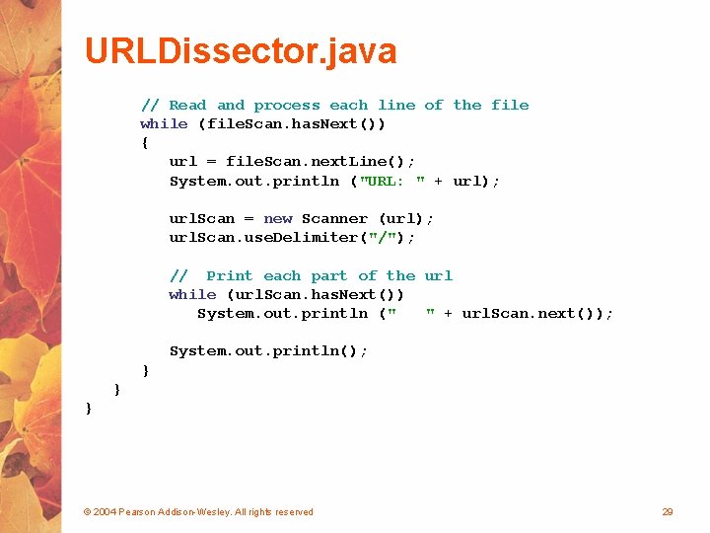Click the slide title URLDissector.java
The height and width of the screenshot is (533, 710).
coord(241,50)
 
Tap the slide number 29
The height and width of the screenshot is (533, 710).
coord(668,511)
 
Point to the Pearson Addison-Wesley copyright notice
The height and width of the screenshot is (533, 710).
coord(198,511)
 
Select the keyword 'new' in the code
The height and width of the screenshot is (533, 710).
coord(278,218)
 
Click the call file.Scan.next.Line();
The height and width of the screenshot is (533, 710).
coord(320,161)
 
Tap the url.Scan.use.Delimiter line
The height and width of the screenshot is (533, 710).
coord(292,237)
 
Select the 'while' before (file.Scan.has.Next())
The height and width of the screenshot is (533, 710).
coord(164,123)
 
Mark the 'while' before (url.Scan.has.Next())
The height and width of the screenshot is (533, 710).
coord(192,294)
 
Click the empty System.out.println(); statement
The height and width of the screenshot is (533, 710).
coord(268,350)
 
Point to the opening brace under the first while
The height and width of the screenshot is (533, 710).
coord(145,142)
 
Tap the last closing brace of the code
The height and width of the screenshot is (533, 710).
coord(89,407)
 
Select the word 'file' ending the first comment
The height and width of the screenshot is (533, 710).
coord(510,105)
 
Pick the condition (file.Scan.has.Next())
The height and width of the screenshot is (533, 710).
coord(292,123)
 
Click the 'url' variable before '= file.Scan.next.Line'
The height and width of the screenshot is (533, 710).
coord(183,161)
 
